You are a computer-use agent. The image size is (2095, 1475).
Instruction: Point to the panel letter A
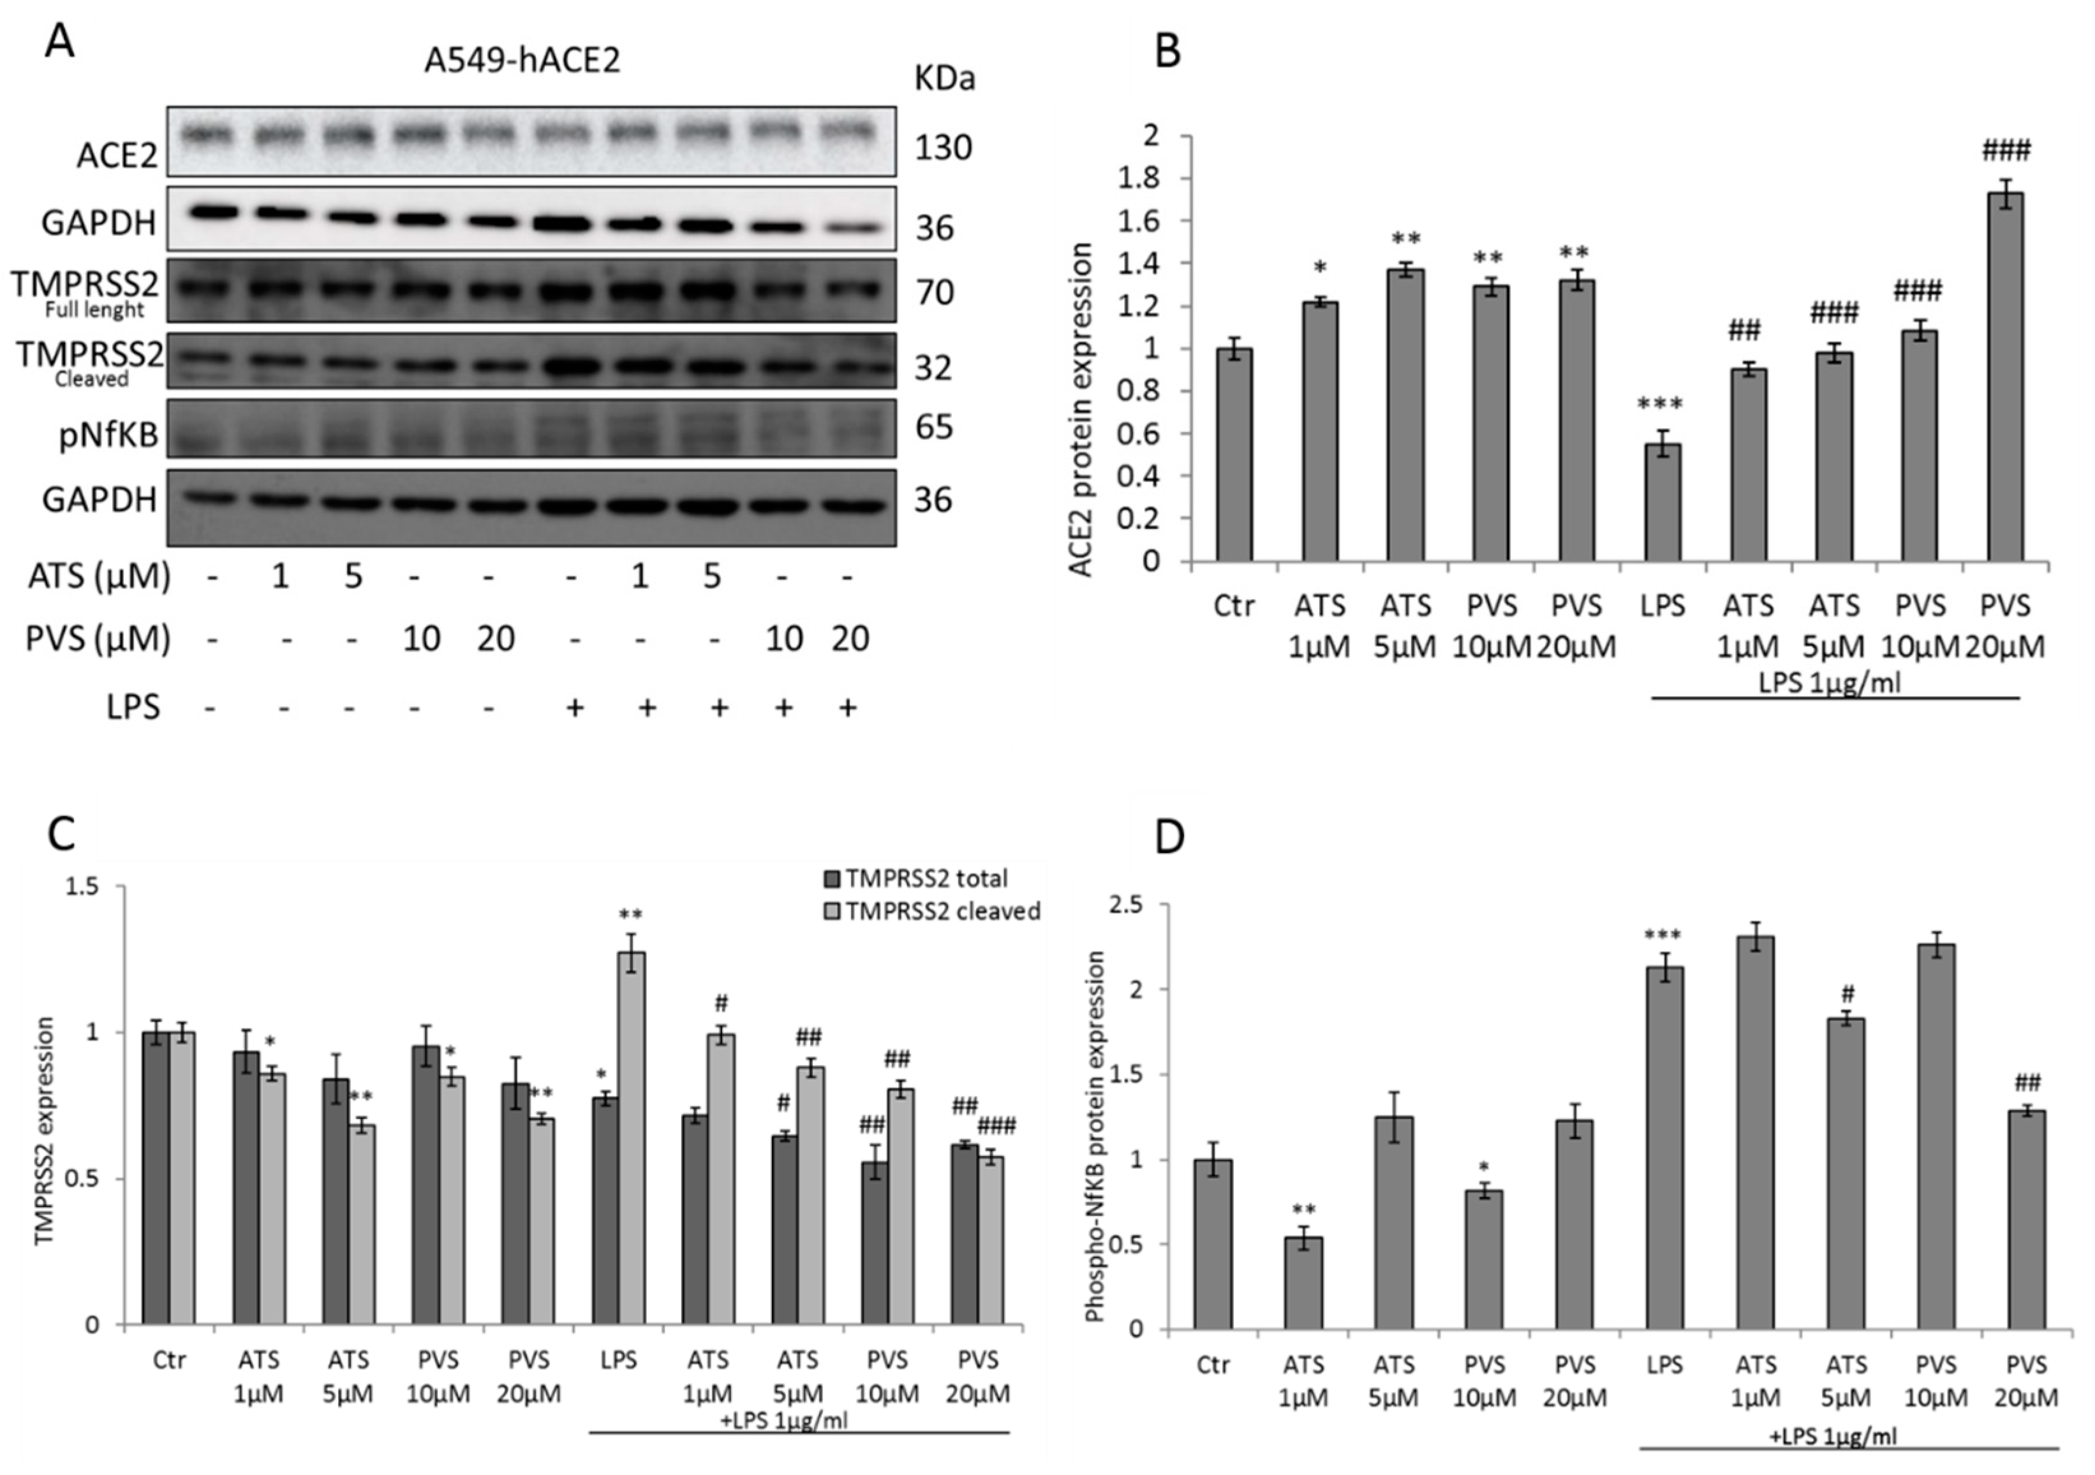point(59,41)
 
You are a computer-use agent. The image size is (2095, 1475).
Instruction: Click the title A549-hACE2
point(522,60)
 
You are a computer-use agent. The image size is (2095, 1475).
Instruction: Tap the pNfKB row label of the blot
point(108,435)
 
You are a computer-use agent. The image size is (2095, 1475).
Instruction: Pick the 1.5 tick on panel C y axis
point(83,887)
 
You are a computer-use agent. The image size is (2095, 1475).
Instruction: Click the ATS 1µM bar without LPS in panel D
point(1303,1282)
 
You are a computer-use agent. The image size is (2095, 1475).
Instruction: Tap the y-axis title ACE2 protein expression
point(1082,410)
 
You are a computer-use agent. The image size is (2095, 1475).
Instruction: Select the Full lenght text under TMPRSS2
point(95,309)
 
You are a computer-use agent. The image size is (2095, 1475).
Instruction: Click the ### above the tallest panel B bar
point(2006,150)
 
